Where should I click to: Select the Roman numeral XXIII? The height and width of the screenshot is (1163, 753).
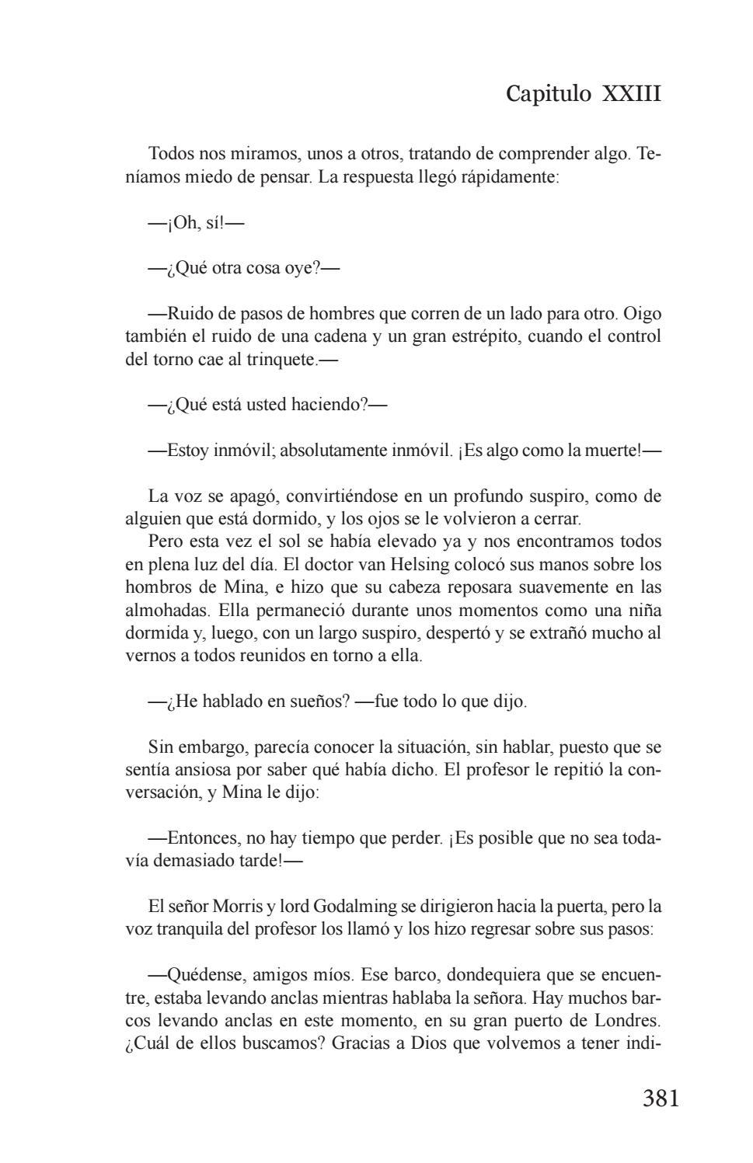(631, 94)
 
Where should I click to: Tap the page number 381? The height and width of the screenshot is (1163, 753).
(661, 1098)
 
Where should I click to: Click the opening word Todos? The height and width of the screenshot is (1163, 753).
(171, 154)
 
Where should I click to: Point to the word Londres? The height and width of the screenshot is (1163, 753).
(626, 1019)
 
